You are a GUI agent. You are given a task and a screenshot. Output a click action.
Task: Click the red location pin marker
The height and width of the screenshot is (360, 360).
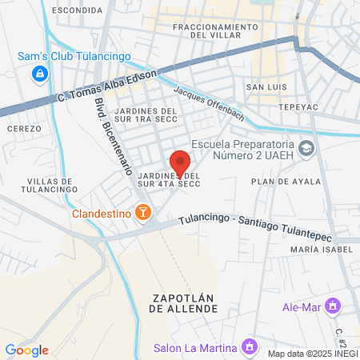pos(180,162)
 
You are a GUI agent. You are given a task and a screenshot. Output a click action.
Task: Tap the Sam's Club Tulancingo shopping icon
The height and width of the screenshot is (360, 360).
pos(38,74)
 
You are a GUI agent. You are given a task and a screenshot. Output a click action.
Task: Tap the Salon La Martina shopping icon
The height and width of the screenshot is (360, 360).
pos(250,347)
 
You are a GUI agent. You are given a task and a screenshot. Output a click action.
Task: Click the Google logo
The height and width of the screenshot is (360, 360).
pos(26,350)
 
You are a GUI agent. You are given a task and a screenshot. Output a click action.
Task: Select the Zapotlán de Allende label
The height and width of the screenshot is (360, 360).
pos(184,305)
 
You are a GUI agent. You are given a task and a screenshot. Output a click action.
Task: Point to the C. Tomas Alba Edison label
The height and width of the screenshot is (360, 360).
pos(107,86)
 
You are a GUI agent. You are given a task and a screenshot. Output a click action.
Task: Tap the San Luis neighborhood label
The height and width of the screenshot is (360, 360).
pos(266,86)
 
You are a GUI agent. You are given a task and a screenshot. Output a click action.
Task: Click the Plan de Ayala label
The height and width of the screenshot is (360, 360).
pos(279,182)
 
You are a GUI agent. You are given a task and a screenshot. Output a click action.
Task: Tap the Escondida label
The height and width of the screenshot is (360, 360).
pos(77,10)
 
